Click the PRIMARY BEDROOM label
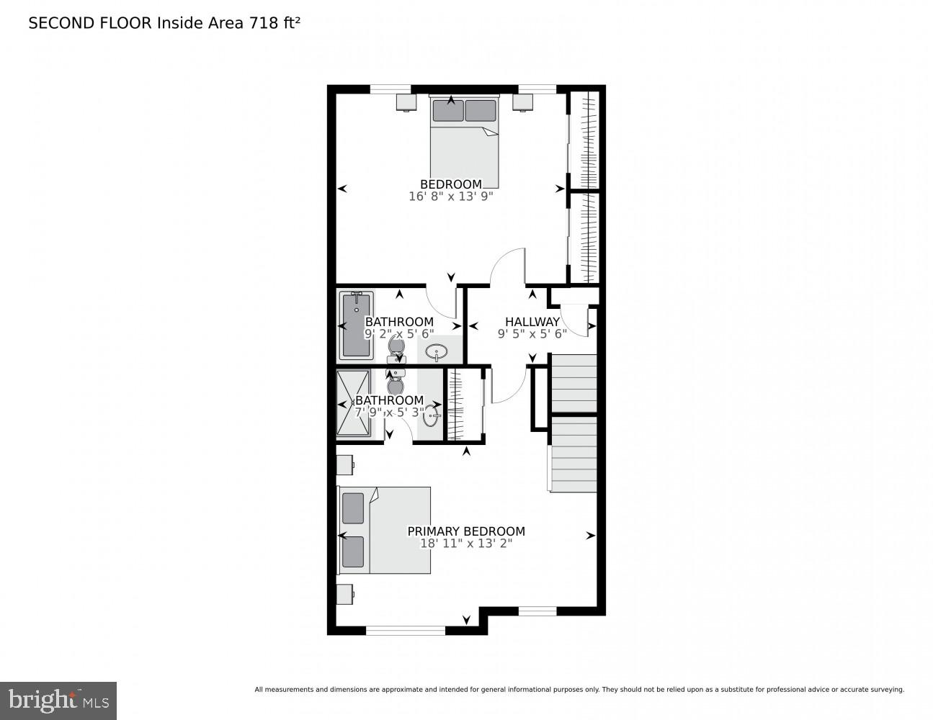coord(466,531)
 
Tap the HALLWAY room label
coord(532,322)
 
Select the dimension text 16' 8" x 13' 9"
coord(450,196)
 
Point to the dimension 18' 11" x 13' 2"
coord(466,544)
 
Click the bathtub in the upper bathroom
coord(356,325)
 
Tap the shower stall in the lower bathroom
coord(354,403)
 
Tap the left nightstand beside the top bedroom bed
coord(406,102)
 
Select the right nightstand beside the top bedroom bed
coord(522,102)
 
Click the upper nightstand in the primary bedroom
coord(344,464)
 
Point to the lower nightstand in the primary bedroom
coord(344,594)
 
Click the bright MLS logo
coord(58,700)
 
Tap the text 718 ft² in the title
coord(274,22)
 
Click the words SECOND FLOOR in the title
coord(90,23)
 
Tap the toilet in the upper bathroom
coord(396,348)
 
